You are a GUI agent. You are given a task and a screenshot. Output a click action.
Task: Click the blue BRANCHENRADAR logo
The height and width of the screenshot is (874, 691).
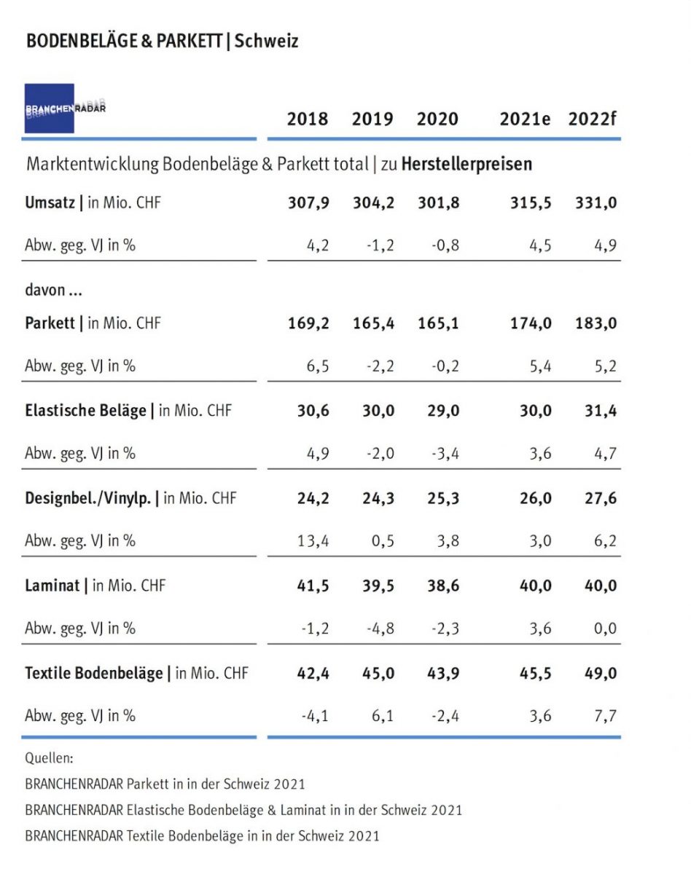point(50,109)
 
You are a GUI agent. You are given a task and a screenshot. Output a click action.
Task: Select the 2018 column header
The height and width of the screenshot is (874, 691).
point(307,119)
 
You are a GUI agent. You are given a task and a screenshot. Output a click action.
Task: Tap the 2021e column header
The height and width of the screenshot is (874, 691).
point(525,119)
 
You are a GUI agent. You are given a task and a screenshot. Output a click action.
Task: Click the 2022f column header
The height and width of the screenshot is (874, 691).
point(592,119)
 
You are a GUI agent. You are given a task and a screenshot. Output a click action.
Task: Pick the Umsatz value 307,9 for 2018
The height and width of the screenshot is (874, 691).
point(308,202)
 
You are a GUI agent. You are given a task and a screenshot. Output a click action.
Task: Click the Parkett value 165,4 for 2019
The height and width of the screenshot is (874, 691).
point(373,323)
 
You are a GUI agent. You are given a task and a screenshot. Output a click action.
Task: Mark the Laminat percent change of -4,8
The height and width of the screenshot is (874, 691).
point(379,628)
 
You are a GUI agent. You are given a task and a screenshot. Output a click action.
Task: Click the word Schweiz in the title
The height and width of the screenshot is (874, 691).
point(267,41)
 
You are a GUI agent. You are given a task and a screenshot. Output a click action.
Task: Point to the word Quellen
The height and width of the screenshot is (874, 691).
point(50,758)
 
